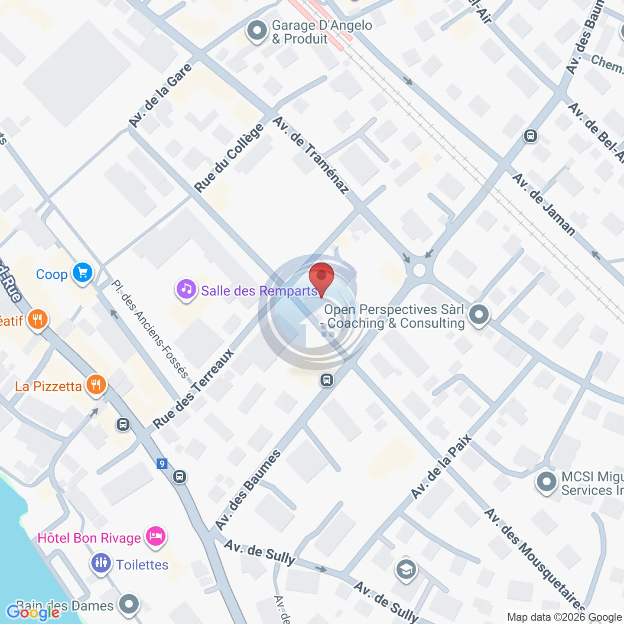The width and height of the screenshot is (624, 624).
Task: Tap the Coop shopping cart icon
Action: tap(82, 273)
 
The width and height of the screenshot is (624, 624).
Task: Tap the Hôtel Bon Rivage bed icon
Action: tap(155, 536)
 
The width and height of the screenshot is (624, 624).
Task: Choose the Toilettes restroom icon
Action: tap(101, 563)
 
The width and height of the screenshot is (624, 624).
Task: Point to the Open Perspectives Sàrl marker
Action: tap(479, 315)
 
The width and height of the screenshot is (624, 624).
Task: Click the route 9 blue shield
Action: tap(162, 464)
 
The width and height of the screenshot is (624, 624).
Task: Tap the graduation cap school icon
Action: tap(406, 570)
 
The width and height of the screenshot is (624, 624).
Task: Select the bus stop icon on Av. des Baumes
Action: tap(327, 380)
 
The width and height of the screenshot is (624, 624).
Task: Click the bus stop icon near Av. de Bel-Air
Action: tap(530, 136)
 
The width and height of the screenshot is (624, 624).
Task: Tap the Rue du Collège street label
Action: tap(229, 158)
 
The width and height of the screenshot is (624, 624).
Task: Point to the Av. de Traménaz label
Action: tap(311, 155)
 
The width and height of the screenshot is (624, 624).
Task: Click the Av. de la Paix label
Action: tap(441, 467)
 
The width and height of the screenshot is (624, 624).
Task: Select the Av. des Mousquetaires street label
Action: tap(535, 559)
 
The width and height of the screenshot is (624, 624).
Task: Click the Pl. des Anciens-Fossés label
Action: tap(150, 329)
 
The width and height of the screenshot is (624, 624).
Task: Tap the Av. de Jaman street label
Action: tap(544, 205)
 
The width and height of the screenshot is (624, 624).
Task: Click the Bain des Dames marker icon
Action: tap(129, 604)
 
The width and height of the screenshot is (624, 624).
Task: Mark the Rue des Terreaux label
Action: tap(193, 389)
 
